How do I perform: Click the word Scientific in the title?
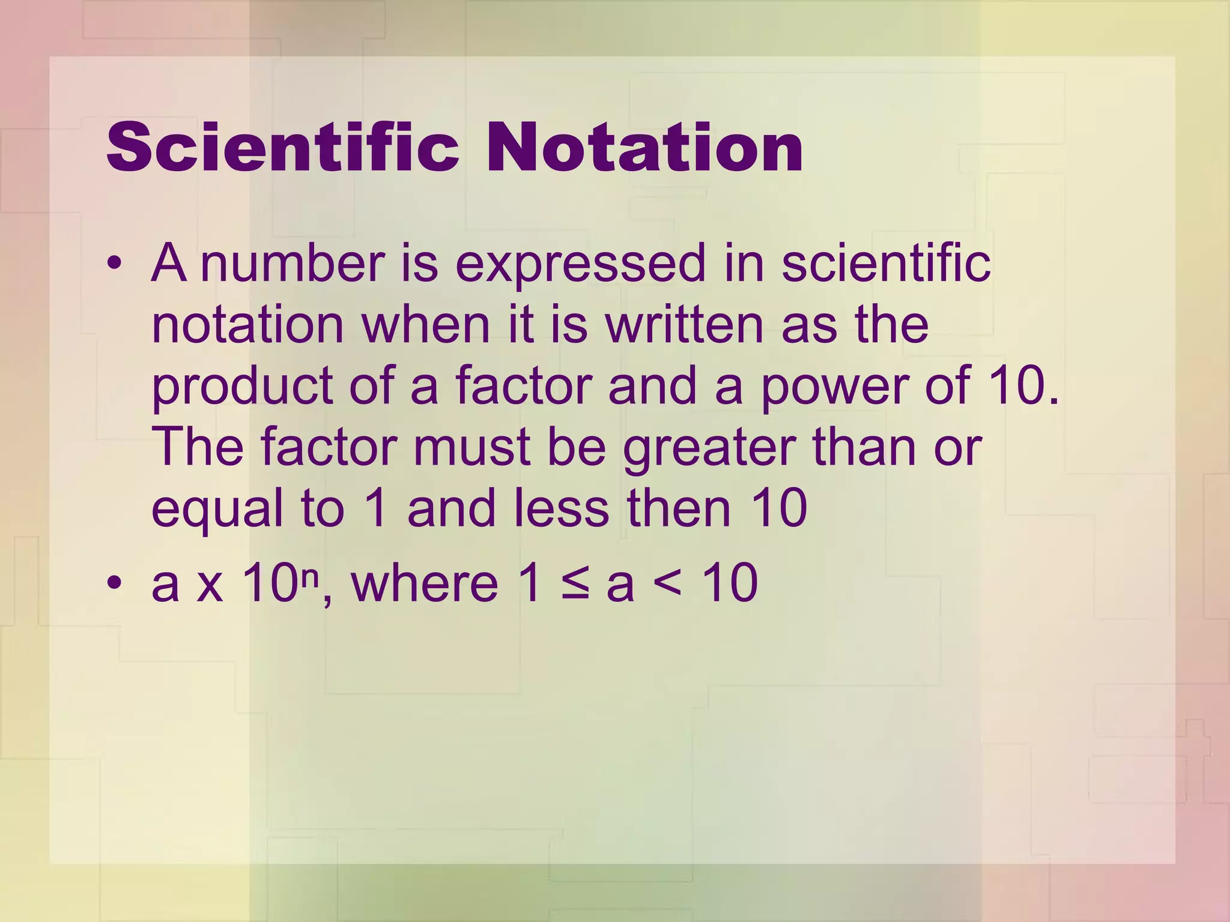(x=282, y=147)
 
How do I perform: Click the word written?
(x=685, y=324)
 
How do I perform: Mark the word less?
(x=561, y=508)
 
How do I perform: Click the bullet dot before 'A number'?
(x=115, y=264)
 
